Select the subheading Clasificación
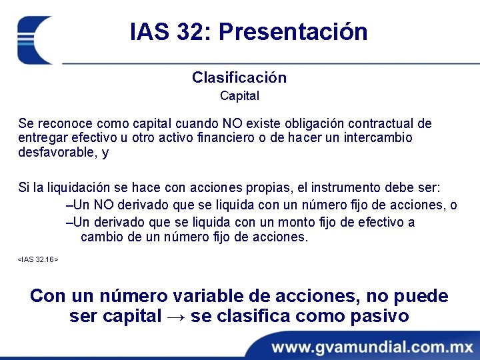click(x=239, y=77)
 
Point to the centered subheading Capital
click(x=239, y=96)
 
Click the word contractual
click(x=377, y=123)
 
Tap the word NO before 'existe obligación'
click(x=214, y=123)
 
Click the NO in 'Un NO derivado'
click(x=100, y=205)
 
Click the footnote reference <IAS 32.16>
click(x=38, y=258)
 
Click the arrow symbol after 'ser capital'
click(x=176, y=316)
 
